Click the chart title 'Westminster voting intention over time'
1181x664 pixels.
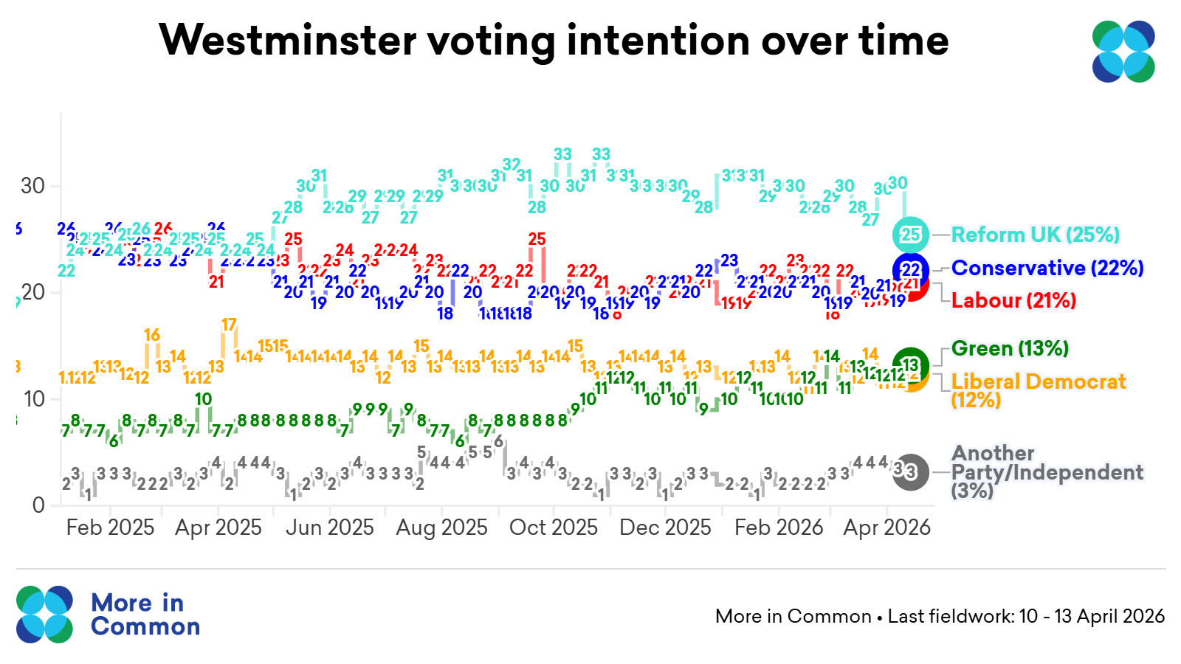(x=554, y=40)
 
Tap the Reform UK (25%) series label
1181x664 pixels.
(x=1035, y=235)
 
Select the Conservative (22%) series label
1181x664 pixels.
(x=1047, y=268)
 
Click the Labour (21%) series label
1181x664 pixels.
(x=1013, y=300)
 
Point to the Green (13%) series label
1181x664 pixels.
(x=1010, y=348)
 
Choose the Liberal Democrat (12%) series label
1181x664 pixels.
(x=1038, y=390)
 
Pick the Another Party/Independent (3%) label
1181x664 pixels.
(x=1047, y=471)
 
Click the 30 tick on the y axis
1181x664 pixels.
(x=33, y=186)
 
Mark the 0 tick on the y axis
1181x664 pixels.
(x=39, y=505)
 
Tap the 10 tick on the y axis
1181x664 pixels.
(x=34, y=399)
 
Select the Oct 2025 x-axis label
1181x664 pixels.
(x=554, y=528)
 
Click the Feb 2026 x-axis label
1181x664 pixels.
(x=779, y=528)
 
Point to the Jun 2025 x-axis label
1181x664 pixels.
(x=329, y=528)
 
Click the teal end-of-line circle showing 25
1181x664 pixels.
(x=911, y=235)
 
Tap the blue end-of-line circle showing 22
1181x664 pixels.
(x=912, y=269)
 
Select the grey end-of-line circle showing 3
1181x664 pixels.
(x=911, y=471)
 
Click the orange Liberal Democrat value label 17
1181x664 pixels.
(x=229, y=325)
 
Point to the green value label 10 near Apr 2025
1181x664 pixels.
(x=204, y=399)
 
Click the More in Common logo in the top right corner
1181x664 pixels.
(x=1123, y=52)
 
